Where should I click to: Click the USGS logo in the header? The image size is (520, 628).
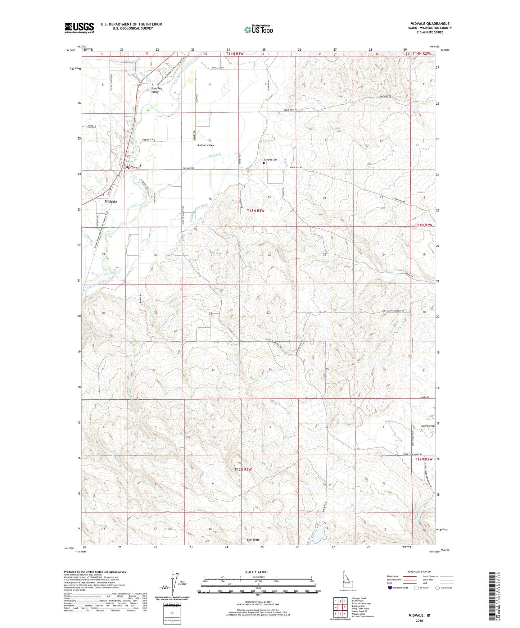[x=79, y=28]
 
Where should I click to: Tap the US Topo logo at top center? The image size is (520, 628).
[x=258, y=29]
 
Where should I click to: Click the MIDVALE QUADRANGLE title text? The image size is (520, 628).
[x=430, y=23]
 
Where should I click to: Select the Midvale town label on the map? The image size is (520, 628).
[x=110, y=202]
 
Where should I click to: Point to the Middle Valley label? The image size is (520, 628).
[x=205, y=145]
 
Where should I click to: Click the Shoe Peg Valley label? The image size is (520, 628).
[x=155, y=90]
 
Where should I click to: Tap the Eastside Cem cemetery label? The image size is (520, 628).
[x=270, y=160]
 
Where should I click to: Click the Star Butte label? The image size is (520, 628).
[x=253, y=540]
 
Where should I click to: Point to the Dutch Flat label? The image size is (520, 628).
[x=428, y=426]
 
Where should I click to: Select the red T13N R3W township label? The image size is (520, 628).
[x=256, y=211]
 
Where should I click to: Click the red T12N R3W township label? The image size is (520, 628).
[x=243, y=469]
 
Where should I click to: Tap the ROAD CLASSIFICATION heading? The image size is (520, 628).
[x=420, y=572]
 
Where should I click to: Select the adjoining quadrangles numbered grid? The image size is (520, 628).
[x=340, y=608]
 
